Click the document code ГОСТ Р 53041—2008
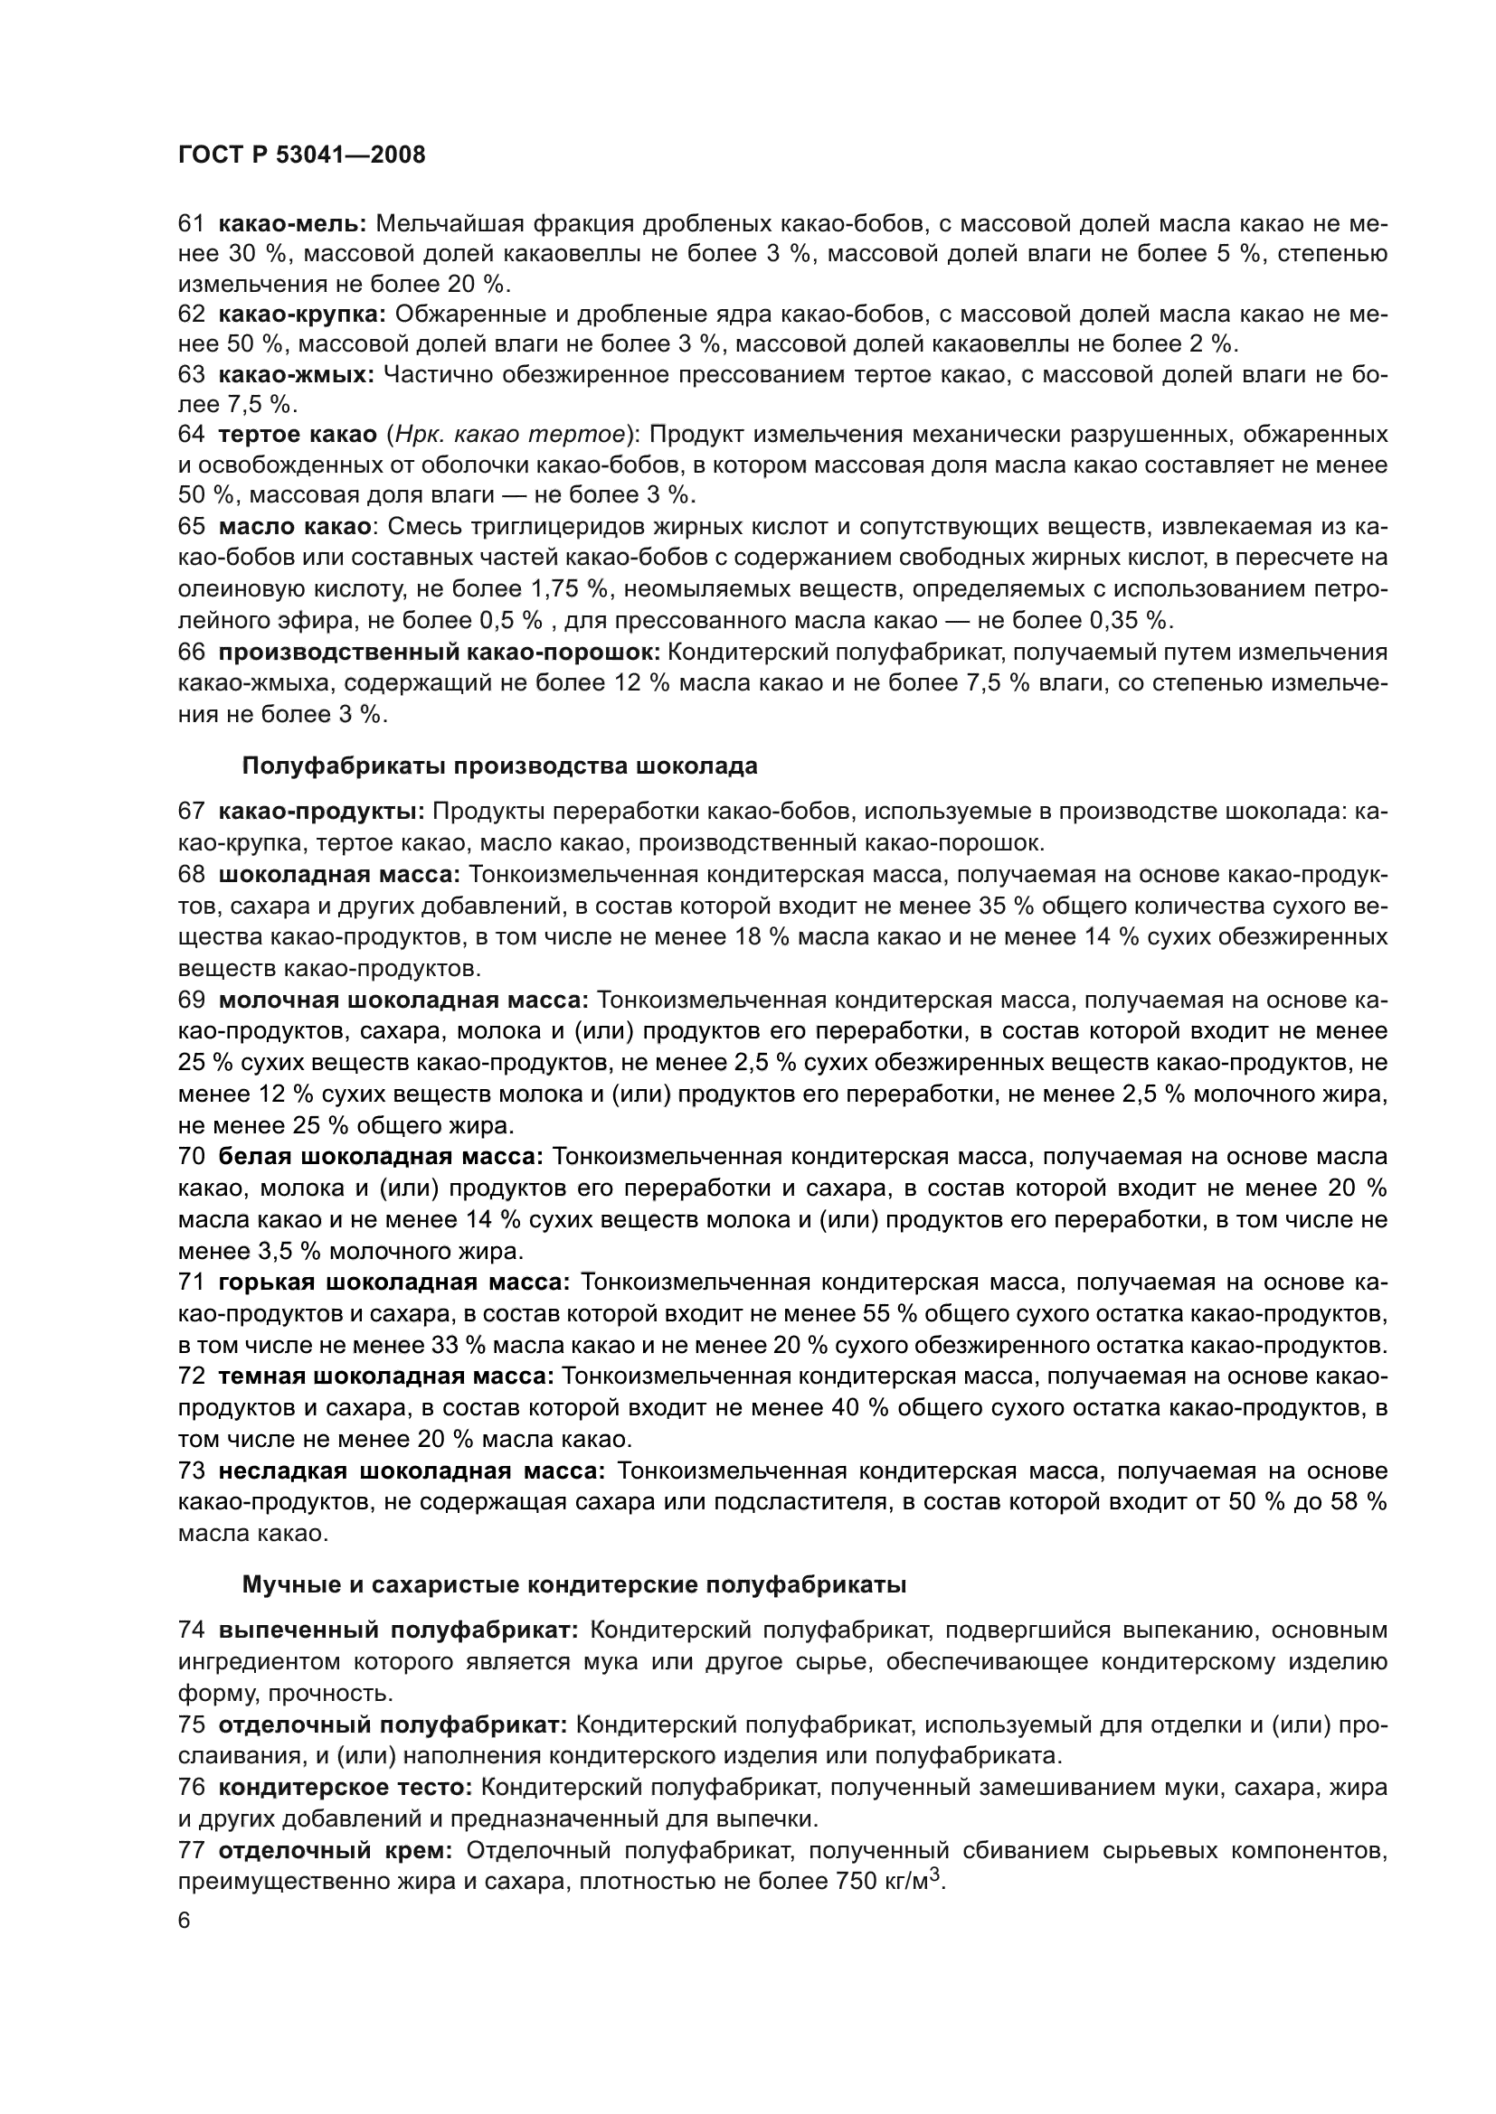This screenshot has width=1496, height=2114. point(301,155)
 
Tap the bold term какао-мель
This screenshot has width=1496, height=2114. point(292,223)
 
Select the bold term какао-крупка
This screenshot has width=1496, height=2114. point(302,314)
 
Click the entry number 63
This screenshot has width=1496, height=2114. point(192,375)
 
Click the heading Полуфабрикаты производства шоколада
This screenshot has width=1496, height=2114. point(499,766)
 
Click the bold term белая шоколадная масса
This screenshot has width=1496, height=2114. point(381,1158)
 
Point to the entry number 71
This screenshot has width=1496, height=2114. point(192,1282)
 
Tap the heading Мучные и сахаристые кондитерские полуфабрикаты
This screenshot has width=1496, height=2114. point(574,1585)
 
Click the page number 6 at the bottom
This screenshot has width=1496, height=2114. point(185,1921)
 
